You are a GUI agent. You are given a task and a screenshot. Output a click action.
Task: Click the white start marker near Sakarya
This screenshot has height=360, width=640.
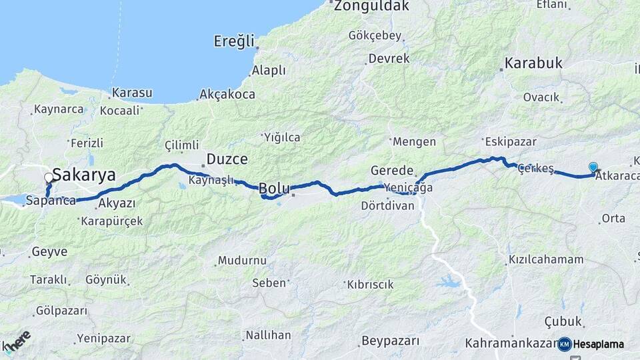coord(49,178)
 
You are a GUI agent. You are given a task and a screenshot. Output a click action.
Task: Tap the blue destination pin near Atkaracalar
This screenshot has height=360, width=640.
coord(593,167)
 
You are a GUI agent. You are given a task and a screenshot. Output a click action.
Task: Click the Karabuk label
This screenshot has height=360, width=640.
coord(533,64)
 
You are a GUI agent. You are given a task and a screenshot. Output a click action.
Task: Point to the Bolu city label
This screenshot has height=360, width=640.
coord(273,189)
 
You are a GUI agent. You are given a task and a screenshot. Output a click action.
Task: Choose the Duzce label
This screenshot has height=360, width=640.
coord(227,159)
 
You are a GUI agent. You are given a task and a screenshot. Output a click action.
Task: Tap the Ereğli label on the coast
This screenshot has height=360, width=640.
coord(235,42)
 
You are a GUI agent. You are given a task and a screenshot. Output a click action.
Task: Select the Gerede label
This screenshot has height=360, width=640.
coord(393,171)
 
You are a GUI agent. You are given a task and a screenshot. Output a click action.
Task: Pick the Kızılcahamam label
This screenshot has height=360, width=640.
coord(546,259)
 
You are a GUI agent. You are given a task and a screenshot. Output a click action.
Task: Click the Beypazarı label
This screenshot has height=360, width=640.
coord(391,341)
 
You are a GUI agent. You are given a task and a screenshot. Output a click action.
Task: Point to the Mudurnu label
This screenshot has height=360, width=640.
coord(242,261)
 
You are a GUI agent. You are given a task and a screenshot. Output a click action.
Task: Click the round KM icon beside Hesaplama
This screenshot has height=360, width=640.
coord(565,344)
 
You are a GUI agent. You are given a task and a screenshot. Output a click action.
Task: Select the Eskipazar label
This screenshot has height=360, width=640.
coord(507,141)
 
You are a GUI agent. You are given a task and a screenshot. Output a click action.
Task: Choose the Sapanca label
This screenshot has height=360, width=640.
coord(50,200)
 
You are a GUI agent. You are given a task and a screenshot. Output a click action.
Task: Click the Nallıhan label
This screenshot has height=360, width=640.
coord(268,335)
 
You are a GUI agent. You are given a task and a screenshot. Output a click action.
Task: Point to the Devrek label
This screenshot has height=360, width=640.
coord(389,59)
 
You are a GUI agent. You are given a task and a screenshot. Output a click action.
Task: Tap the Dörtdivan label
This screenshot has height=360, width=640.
coord(387,206)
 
